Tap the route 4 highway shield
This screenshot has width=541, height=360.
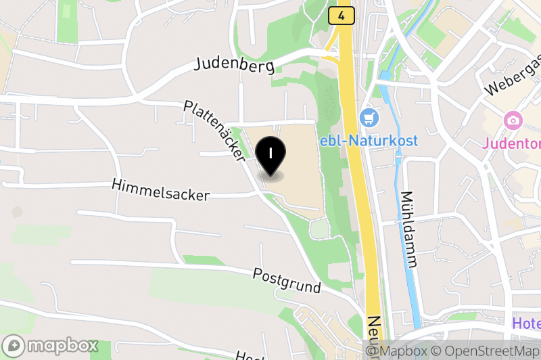click(342, 16)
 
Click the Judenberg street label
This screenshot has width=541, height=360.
click(234, 65)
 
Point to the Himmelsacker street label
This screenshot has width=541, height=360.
click(161, 189)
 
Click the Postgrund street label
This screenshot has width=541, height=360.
click(287, 279)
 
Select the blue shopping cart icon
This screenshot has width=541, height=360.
click(369, 118)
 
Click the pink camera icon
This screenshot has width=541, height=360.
click(513, 121)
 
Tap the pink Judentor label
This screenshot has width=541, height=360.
click(511, 143)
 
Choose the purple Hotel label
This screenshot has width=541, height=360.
click(526, 323)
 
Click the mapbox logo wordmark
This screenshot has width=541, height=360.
click(64, 345)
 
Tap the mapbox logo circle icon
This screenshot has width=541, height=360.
click(14, 345)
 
